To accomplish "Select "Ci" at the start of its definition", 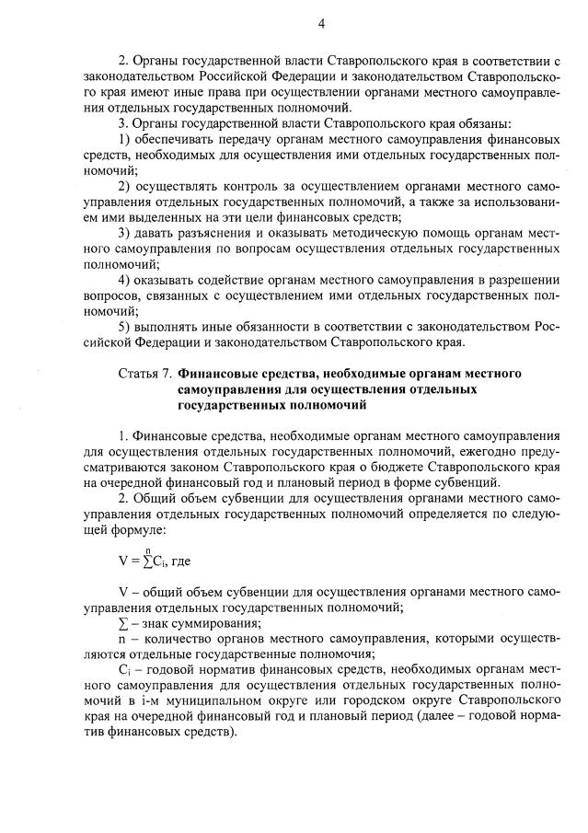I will coord(125,671).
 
